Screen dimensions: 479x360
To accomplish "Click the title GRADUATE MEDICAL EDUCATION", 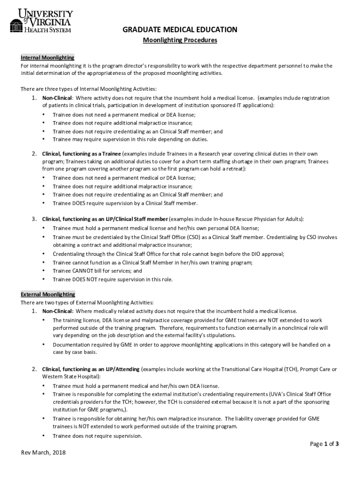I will [x=180, y=30].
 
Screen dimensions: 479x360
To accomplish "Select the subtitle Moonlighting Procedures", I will [x=180, y=41].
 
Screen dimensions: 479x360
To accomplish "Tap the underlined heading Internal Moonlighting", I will [x=47, y=58].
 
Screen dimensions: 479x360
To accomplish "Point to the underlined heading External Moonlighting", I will [x=48, y=294].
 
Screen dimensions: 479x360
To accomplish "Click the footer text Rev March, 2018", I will [x=43, y=452].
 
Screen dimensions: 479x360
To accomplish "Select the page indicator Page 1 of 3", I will [x=324, y=444].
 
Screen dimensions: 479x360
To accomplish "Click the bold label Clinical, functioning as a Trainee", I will [x=81, y=153].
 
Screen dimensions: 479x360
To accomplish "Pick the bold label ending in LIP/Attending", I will [x=91, y=369].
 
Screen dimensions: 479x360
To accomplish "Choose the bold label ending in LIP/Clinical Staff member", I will [x=105, y=219].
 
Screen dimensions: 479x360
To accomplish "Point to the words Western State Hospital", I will [x=70, y=377].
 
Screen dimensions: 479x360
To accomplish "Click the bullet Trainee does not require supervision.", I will [x=97, y=436].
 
